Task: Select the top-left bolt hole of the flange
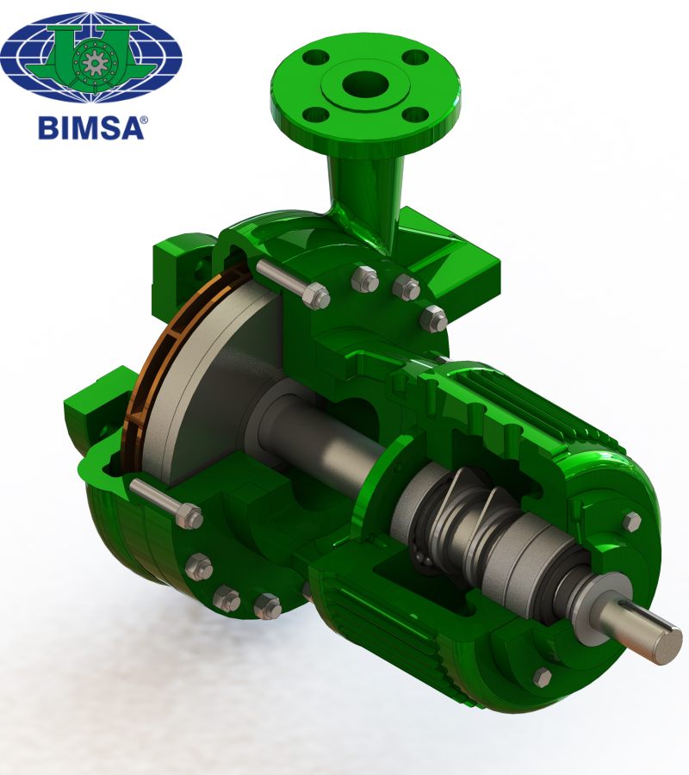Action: point(315,57)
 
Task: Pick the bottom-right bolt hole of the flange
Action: point(415,115)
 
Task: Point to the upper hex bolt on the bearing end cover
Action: point(631,522)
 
